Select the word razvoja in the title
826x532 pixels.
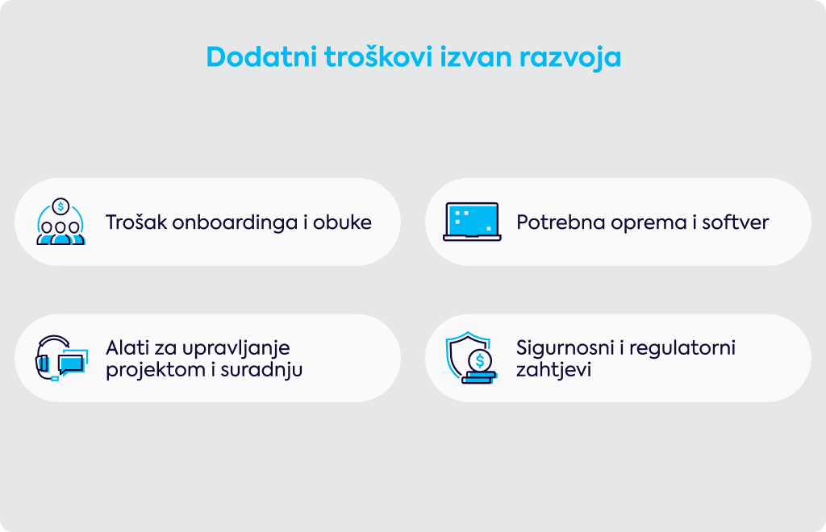570,57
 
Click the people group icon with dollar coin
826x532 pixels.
60,222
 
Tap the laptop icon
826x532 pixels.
472,222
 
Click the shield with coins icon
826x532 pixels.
471,358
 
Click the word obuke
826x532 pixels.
342,222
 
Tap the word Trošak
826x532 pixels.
136,222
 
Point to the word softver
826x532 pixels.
736,222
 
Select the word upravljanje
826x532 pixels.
237,349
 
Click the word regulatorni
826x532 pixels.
682,349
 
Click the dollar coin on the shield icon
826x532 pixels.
479,361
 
